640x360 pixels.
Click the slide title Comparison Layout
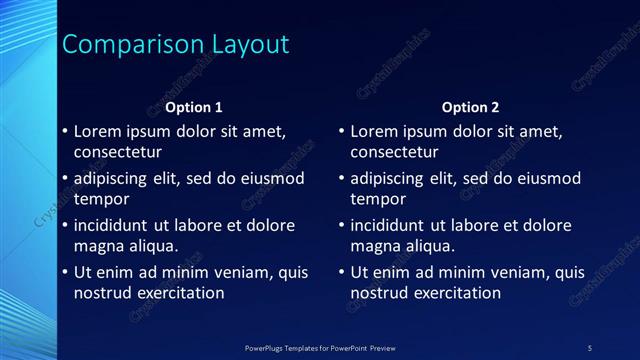[x=176, y=45]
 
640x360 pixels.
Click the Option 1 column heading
[x=194, y=107]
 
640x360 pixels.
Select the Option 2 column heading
[x=470, y=107]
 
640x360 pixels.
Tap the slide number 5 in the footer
[x=590, y=347]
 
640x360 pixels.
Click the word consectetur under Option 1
[x=118, y=152]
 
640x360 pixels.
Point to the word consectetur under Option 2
[x=394, y=152]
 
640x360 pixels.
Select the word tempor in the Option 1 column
[x=100, y=199]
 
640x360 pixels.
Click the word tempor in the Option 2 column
[x=376, y=199]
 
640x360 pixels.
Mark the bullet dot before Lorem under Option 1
[x=65, y=132]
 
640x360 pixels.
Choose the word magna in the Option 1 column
[x=97, y=246]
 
